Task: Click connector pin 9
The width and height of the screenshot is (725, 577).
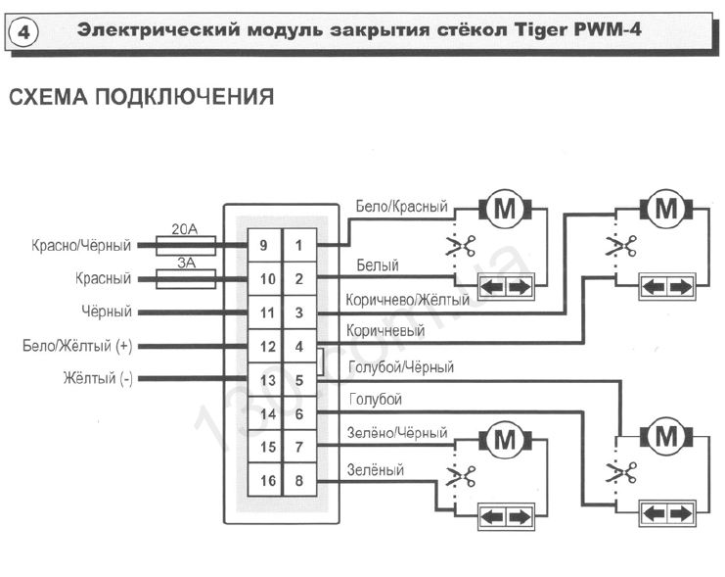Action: pos(263,245)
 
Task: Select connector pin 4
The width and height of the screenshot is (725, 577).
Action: pos(299,346)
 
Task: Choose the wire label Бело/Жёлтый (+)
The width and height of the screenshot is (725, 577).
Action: pos(76,346)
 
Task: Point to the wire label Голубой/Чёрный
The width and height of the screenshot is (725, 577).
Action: pos(401,367)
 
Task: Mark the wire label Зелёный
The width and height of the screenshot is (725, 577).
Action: pos(376,471)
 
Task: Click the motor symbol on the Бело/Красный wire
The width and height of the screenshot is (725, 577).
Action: pos(505,209)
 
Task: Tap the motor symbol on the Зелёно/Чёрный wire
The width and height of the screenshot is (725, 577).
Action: pos(505,440)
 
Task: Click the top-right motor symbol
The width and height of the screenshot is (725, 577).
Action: pos(666,209)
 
